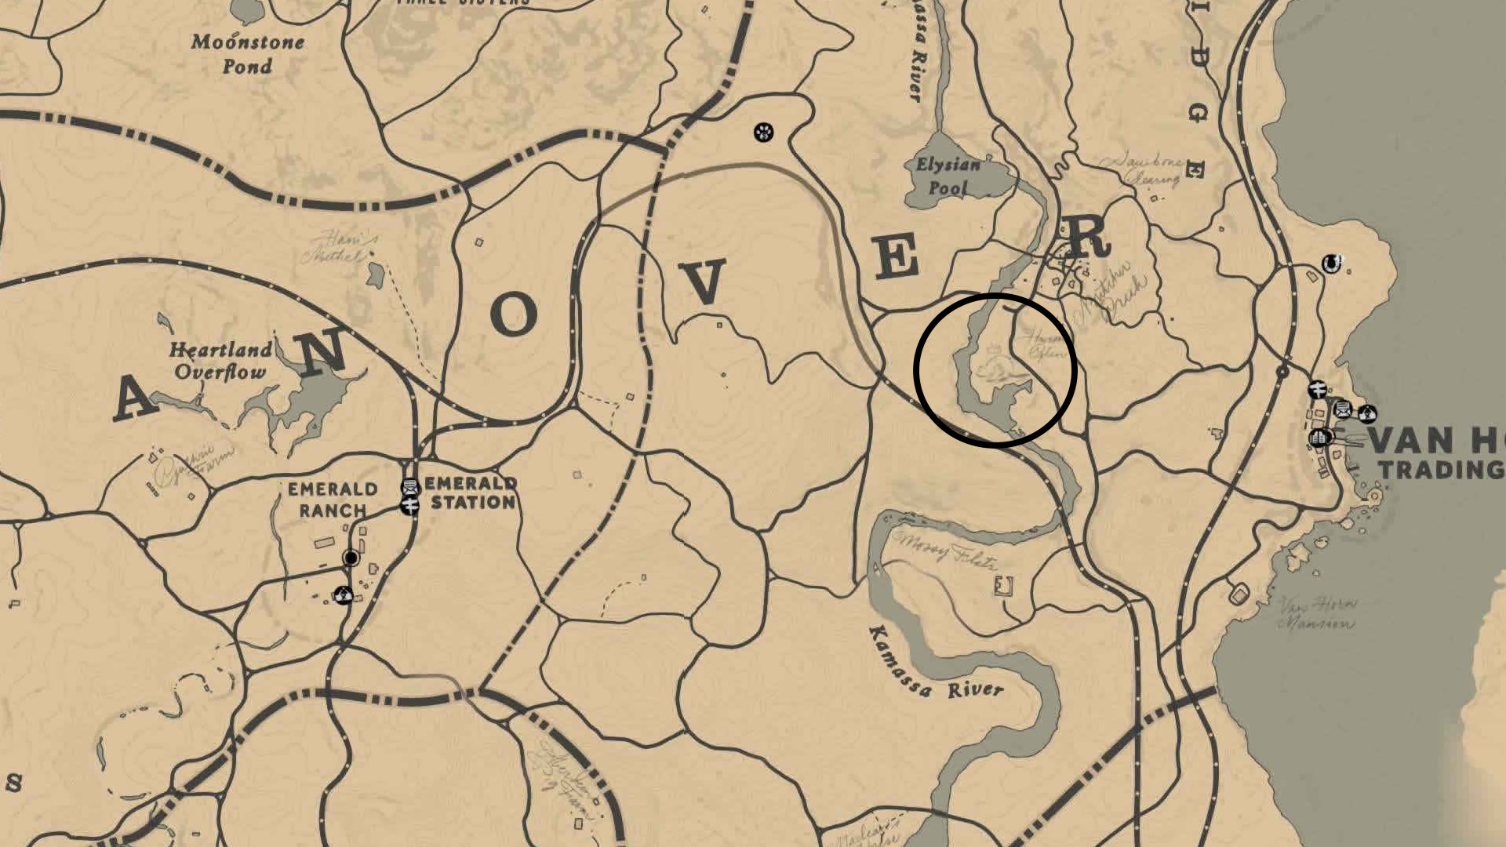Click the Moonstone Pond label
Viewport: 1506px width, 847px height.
[247, 53]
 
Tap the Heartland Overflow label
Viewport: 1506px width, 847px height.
[221, 360]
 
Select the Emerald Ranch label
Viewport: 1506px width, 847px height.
[332, 500]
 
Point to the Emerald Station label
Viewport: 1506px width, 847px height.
[472, 493]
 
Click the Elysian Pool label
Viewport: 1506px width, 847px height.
[948, 176]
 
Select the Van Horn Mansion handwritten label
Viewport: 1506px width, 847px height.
[1316, 613]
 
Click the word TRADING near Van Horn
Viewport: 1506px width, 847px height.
[1442, 470]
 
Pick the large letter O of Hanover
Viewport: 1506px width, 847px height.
[514, 314]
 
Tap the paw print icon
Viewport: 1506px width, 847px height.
[763, 132]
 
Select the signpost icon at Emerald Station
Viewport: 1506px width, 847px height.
[409, 506]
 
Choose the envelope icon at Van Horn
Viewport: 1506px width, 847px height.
[1343, 409]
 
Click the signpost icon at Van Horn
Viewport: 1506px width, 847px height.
[1317, 389]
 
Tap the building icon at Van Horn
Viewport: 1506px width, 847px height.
[1319, 437]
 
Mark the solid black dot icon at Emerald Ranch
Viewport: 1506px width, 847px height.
[351, 558]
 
